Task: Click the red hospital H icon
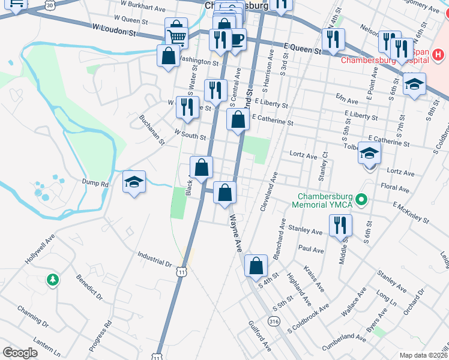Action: click(439, 56)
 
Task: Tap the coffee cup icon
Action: click(237, 40)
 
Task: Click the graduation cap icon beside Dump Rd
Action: click(134, 182)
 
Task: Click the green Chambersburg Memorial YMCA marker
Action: click(361, 199)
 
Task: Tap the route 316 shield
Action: click(275, 322)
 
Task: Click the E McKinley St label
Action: click(411, 212)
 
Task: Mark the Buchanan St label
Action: click(152, 130)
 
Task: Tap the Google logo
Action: click(20, 353)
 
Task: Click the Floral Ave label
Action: click(394, 188)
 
